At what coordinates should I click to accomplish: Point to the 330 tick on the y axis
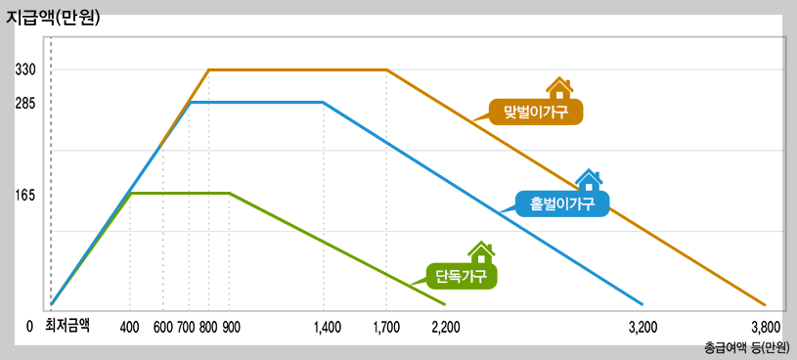coord(25,70)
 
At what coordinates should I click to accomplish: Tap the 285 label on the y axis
coord(25,102)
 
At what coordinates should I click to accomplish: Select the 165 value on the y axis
coord(25,195)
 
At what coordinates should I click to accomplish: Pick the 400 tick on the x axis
coord(129,327)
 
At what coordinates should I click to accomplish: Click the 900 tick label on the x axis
coord(231,327)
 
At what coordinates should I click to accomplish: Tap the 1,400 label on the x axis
coord(327,327)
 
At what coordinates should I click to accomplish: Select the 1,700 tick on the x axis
coord(386,327)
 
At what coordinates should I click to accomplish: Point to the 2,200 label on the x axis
coord(446,327)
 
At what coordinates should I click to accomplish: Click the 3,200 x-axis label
coord(642,327)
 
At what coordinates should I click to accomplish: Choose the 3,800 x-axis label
coord(765,327)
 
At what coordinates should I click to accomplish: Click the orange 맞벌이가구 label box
coord(536,111)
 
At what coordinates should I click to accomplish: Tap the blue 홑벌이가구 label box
coord(562,203)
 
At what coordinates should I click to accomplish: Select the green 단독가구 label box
coord(462,275)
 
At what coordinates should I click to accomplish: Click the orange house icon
coord(559,88)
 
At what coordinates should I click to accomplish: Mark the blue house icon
coord(589,180)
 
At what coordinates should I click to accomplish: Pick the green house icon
coord(480,252)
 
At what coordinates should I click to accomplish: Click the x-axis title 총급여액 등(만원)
coord(746,347)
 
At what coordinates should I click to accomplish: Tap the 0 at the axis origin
coord(30,327)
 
